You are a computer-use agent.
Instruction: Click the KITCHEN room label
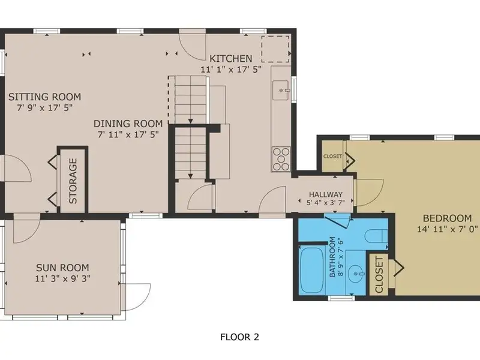tap(231, 58)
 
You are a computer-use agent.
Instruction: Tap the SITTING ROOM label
tap(44, 97)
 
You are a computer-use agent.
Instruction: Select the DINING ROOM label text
tap(128, 124)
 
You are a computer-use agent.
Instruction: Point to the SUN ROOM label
tap(62, 268)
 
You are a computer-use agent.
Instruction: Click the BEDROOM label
tap(447, 218)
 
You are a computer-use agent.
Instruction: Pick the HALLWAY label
tap(326, 194)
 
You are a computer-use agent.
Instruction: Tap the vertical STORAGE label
tap(73, 181)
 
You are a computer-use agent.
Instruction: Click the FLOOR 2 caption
tap(239, 337)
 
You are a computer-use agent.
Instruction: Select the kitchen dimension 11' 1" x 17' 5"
tap(231, 70)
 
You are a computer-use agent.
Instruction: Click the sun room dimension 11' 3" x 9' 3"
tap(63, 278)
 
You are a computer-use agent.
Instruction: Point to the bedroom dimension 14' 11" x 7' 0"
tap(447, 229)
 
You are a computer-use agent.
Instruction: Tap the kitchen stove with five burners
tap(281, 159)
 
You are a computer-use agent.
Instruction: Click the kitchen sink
tap(281, 91)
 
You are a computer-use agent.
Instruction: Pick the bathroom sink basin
tap(356, 274)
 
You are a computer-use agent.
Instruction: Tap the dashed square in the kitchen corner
tap(275, 49)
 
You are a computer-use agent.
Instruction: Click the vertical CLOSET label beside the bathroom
tap(379, 275)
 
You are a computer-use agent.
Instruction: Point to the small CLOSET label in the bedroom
tap(332, 156)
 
